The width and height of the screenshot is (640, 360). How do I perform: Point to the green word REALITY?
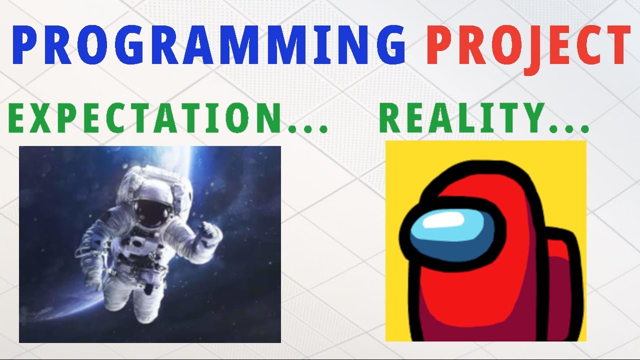[460, 118]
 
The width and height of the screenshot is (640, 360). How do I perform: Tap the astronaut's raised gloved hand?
[210, 233]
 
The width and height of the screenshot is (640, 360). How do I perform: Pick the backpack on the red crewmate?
[562, 280]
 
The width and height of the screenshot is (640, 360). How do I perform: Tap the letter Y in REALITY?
[531, 118]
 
